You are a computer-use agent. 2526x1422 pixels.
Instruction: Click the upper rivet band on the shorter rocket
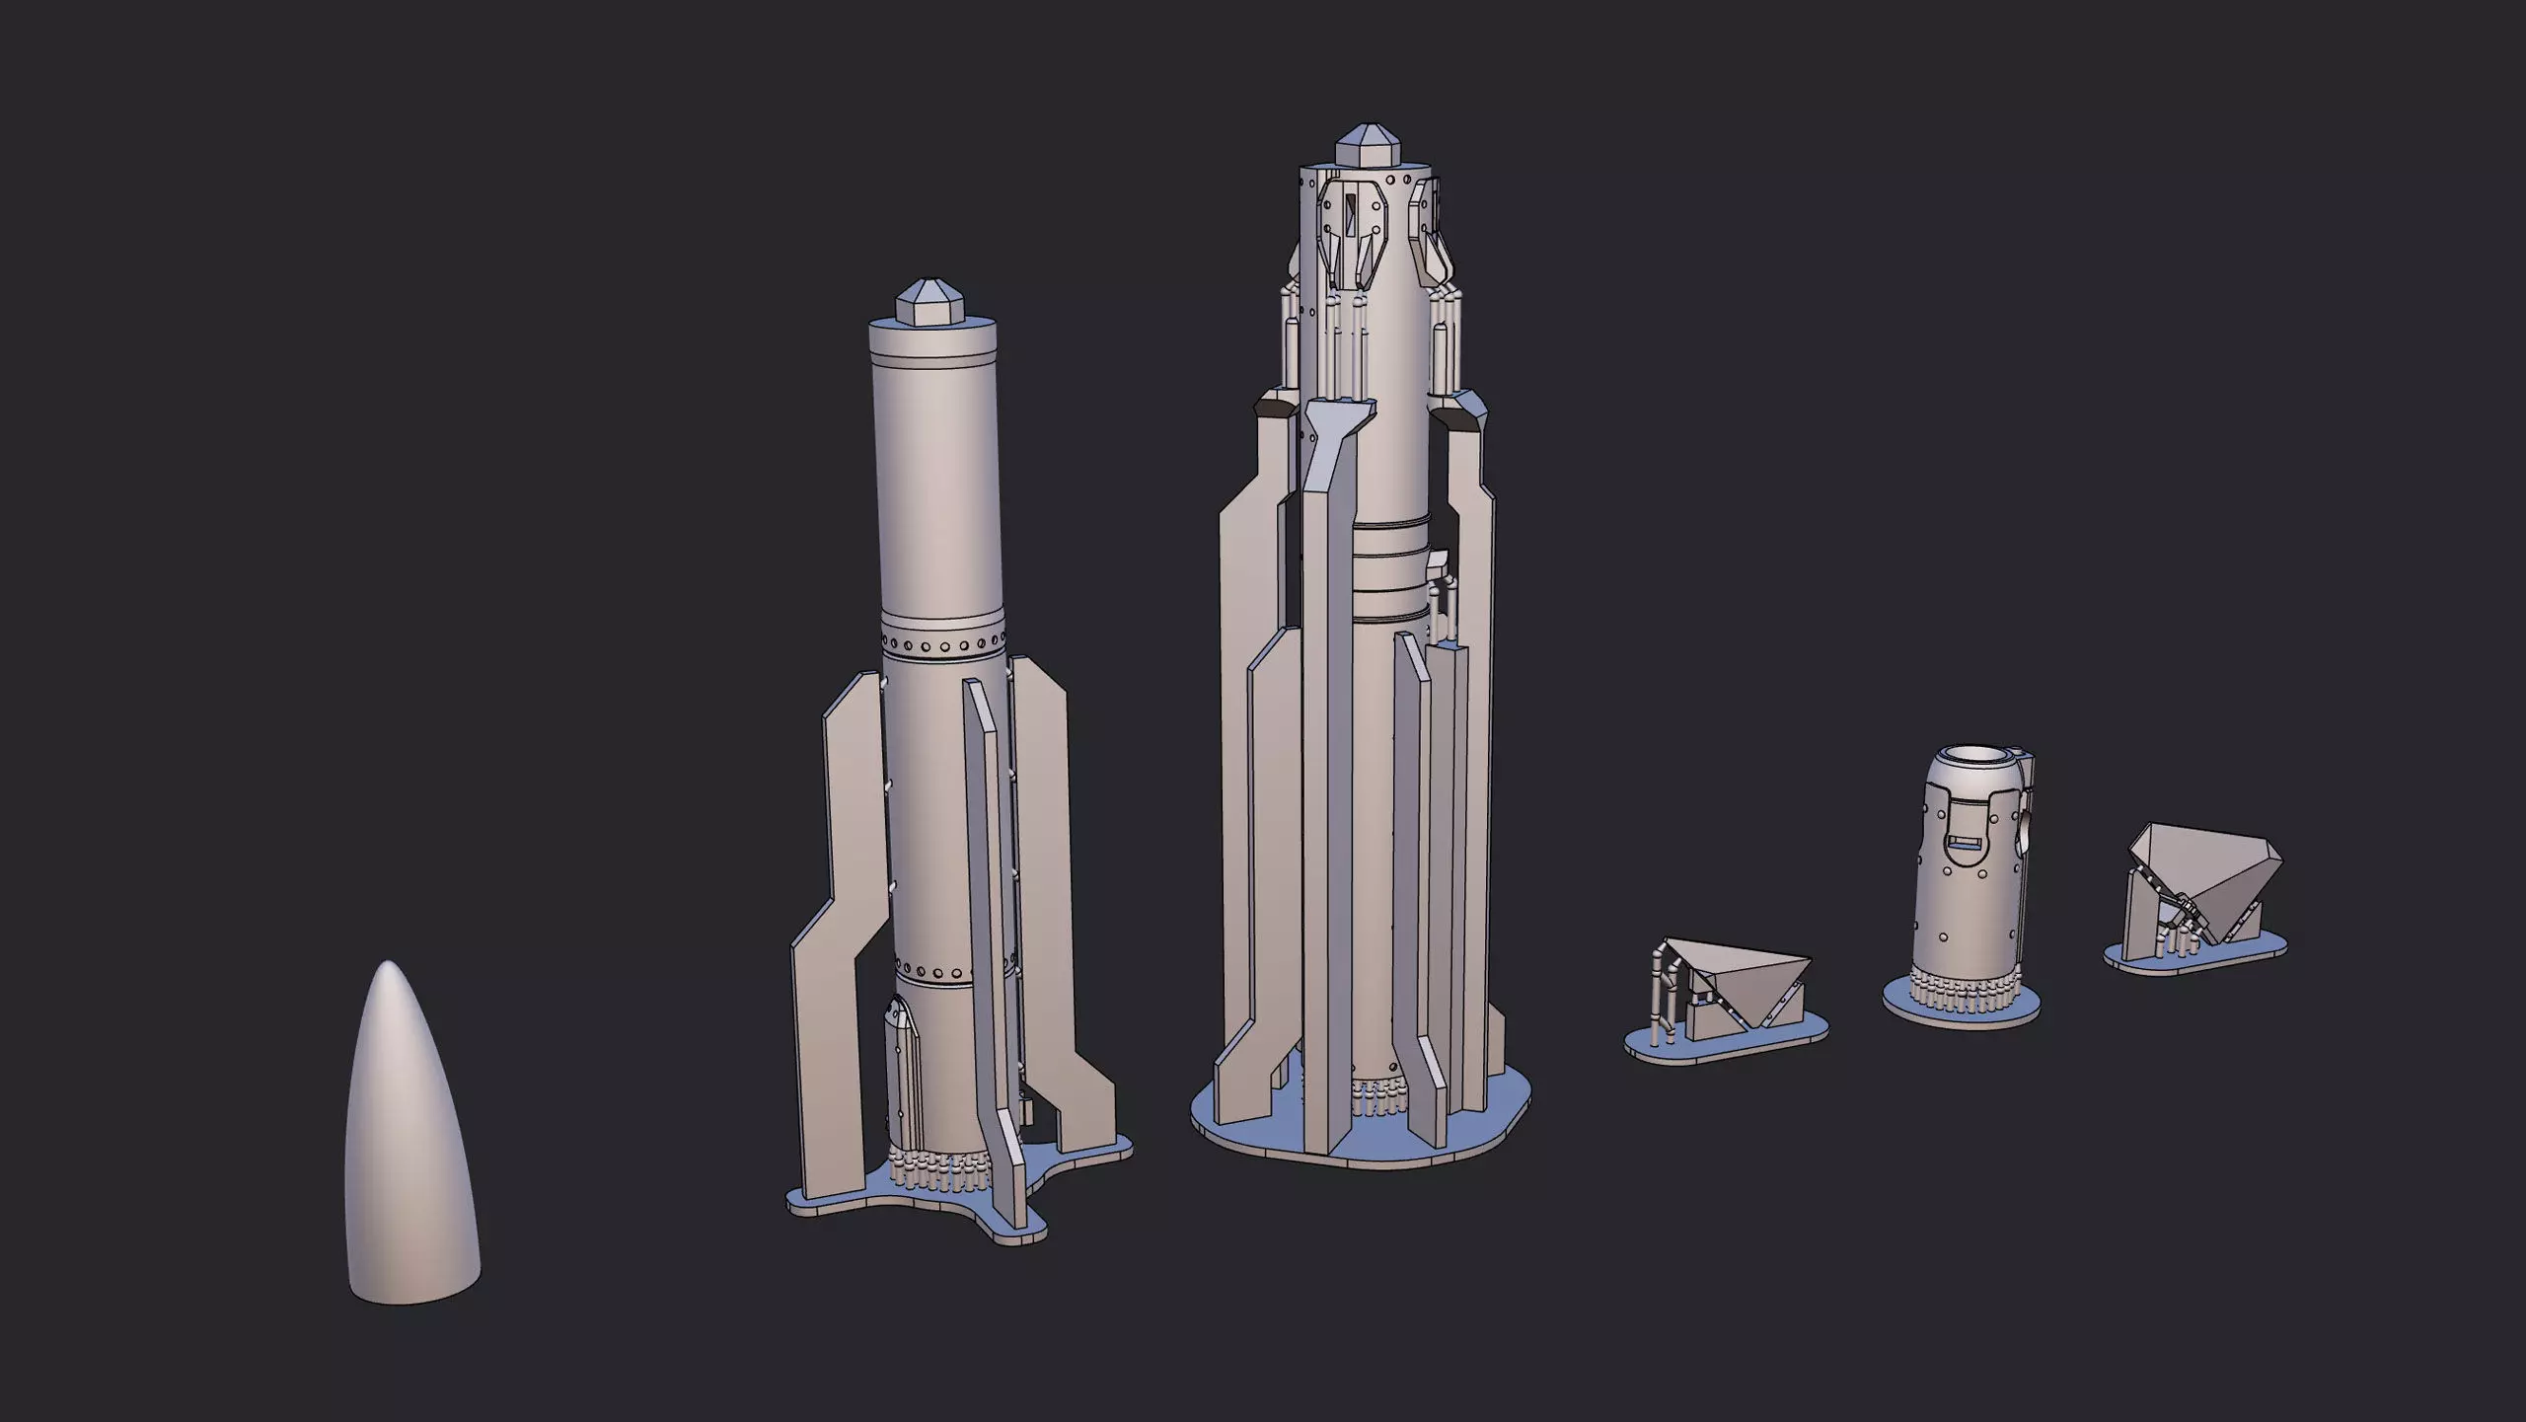coord(942,647)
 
